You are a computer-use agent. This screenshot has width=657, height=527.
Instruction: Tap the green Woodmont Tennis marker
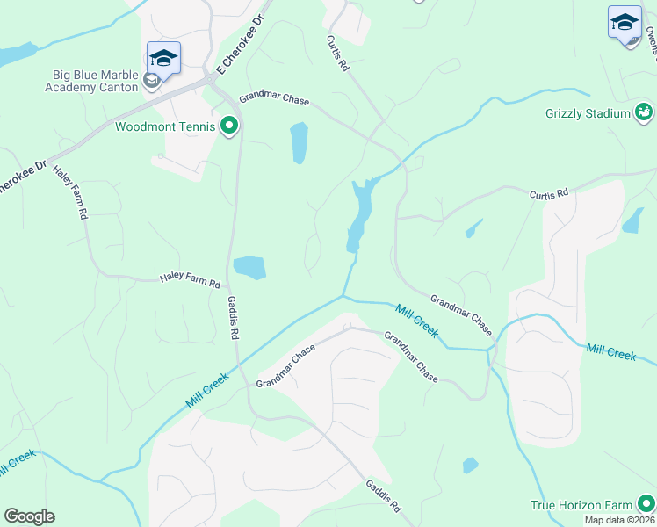pos(230,126)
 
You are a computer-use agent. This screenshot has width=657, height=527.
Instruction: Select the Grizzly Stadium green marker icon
pos(644,112)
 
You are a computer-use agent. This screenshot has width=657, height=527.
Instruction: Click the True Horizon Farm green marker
pos(646,503)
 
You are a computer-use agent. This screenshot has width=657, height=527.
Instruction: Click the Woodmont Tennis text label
pos(165,126)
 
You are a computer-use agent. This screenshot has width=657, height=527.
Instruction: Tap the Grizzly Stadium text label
pos(588,113)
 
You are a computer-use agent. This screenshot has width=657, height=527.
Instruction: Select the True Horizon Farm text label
pos(581,505)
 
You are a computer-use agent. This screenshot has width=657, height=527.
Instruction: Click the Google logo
pos(29,516)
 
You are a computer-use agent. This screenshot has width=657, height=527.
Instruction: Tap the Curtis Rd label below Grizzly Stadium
pos(549,193)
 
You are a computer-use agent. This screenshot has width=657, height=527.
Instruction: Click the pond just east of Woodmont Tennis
pos(299,143)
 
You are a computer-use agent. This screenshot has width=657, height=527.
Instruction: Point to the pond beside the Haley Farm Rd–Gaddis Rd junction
pos(249,267)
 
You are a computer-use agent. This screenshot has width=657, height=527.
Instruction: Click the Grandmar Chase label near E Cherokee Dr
pos(274,100)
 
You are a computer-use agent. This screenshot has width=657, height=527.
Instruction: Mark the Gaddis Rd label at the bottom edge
pos(384,495)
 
